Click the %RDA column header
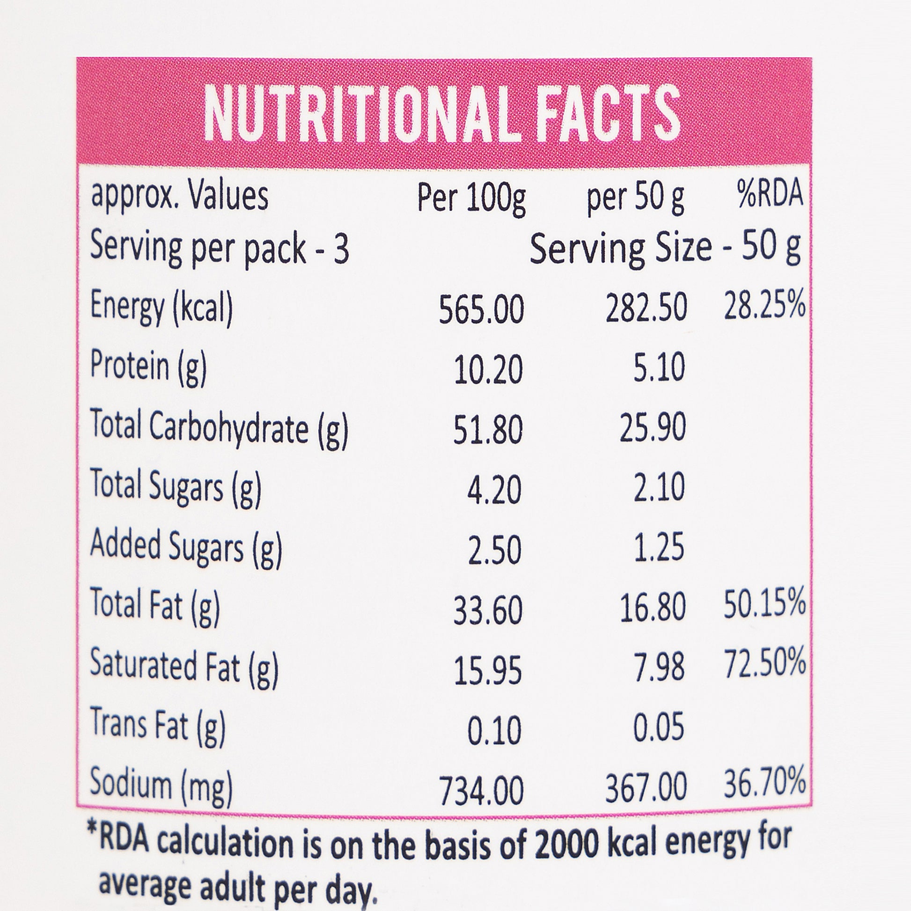771,194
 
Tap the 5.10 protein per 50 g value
658,368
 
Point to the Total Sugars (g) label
175,487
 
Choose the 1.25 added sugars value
658,548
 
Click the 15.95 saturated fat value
487,670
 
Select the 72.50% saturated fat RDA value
764,663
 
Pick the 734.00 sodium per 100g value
481,791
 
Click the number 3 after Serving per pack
341,250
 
